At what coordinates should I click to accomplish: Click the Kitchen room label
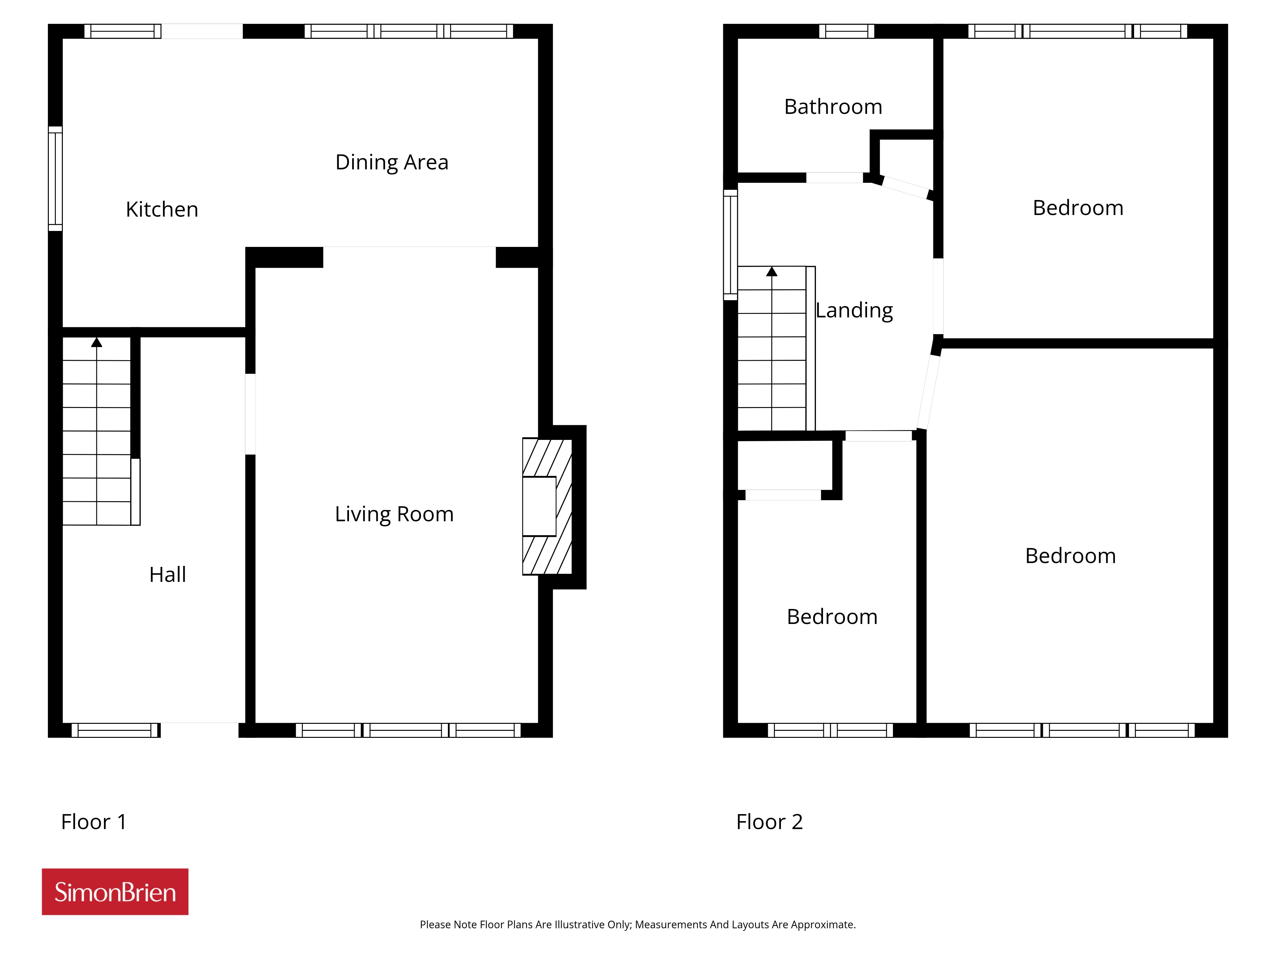(x=162, y=209)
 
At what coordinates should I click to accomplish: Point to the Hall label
(x=167, y=575)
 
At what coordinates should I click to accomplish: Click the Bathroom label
(x=833, y=107)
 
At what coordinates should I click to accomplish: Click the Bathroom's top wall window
(x=847, y=31)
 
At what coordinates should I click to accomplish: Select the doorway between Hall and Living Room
(x=250, y=414)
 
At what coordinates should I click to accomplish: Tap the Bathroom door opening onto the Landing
(x=835, y=178)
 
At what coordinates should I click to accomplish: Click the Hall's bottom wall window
(x=115, y=730)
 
